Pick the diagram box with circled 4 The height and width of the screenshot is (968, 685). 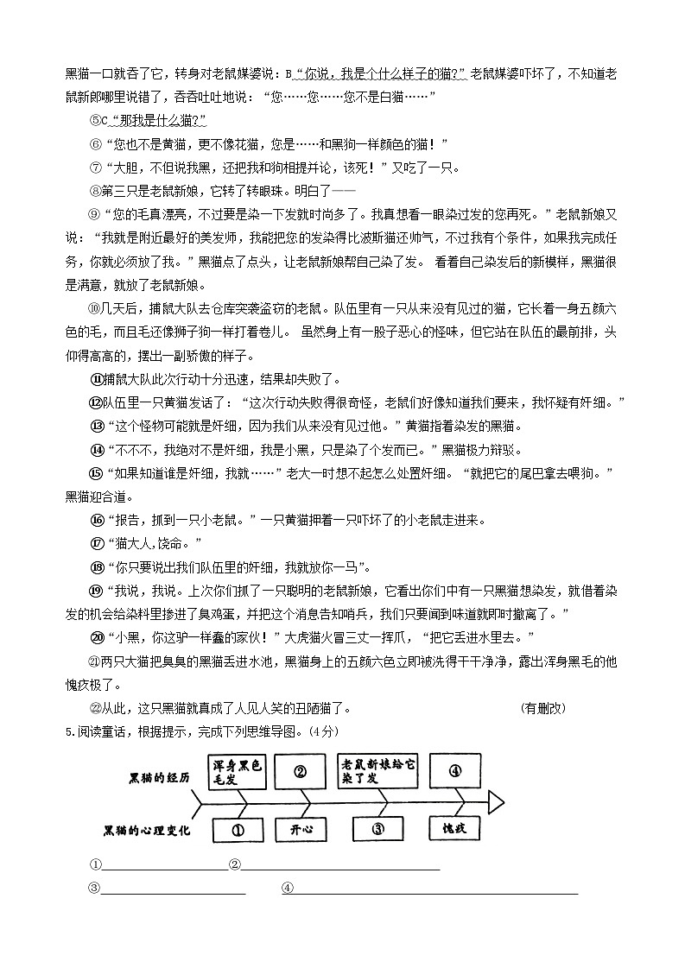click(x=455, y=771)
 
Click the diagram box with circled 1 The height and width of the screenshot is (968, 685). click(x=236, y=830)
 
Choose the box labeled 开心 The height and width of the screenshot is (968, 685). click(x=300, y=829)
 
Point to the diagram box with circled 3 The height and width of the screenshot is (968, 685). click(x=377, y=829)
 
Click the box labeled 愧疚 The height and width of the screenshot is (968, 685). click(x=454, y=829)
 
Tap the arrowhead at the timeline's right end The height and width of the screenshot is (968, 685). click(x=496, y=801)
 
